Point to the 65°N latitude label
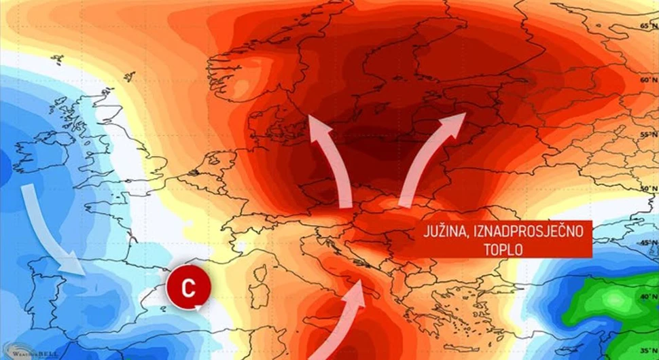(647, 26)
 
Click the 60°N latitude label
(647, 79)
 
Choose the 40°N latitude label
(647, 297)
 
